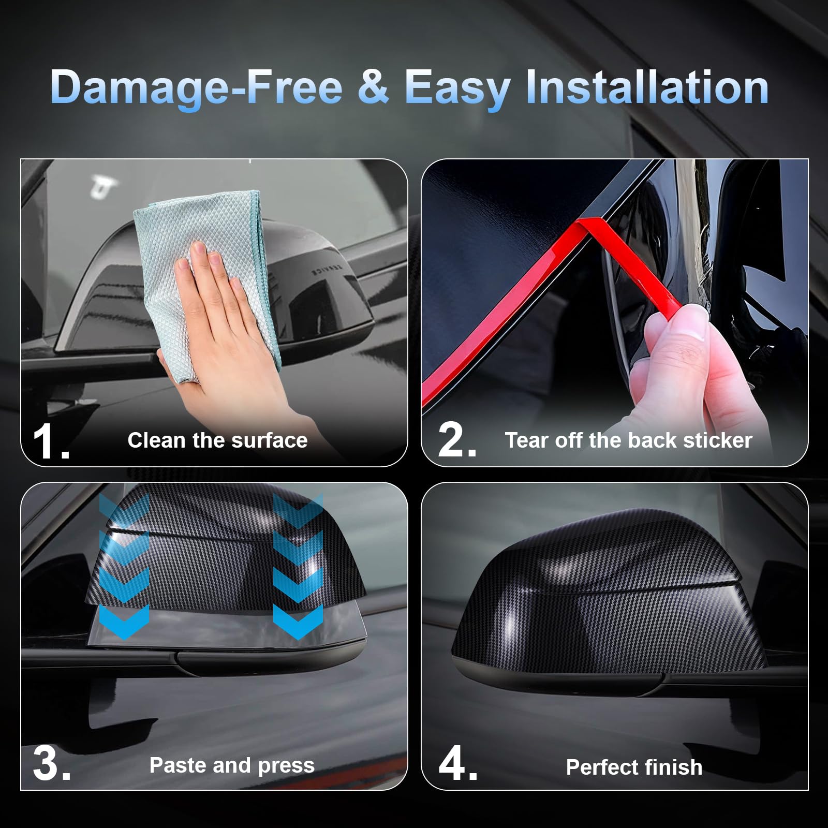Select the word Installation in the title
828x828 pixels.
647,86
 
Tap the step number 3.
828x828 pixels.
51,765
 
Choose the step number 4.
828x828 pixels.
457,765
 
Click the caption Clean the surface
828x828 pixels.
217,440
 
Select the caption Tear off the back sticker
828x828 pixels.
628,440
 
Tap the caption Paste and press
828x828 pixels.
232,765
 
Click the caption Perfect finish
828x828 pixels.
634,767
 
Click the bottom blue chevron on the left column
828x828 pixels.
124,621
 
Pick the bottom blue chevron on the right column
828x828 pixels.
298,621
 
